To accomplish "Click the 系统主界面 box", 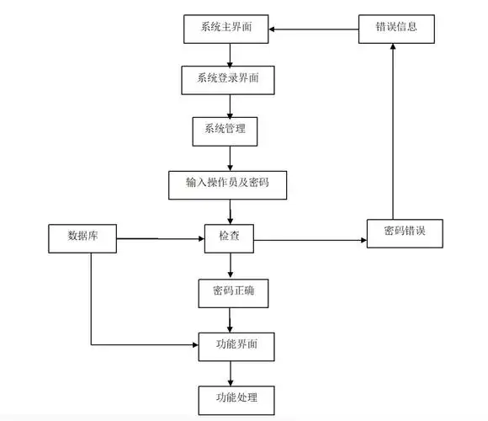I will (x=225, y=28).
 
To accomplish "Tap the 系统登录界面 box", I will (x=229, y=79).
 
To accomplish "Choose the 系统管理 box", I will (x=225, y=130).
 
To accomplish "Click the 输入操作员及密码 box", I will (x=228, y=184).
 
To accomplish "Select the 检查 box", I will (x=229, y=237).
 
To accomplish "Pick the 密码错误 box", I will (x=403, y=232).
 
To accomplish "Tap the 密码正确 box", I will (x=228, y=291).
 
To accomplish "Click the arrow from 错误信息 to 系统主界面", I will (x=313, y=29).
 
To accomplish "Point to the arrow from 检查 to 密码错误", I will (x=310, y=242).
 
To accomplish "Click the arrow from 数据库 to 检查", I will (x=160, y=240).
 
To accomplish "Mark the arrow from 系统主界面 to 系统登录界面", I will (x=230, y=54).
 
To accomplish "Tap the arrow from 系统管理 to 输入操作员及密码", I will (x=230, y=157).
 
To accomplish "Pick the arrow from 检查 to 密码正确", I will (x=230, y=265).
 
